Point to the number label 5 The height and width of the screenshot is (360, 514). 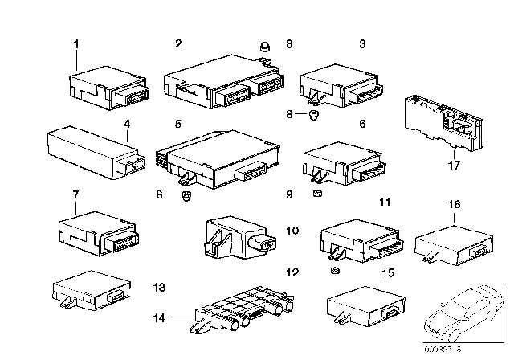pos(178,125)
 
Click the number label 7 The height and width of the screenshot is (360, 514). pos(75,195)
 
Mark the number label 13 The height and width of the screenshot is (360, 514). pos(159,287)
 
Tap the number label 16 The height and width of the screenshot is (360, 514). pos(454,206)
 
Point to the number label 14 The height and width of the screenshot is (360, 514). pos(161,318)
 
